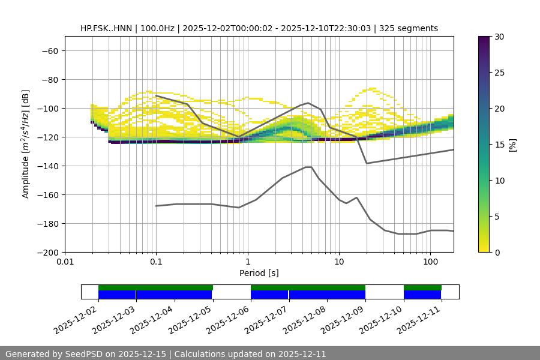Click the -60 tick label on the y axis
point(50,51)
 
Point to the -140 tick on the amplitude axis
point(50,166)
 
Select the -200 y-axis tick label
point(48,253)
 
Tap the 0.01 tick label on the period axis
point(65,262)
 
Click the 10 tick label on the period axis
point(339,262)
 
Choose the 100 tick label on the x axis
point(430,262)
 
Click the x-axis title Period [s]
point(259,273)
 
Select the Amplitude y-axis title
point(26,145)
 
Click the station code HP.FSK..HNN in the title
point(108,28)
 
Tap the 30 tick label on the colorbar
point(499,37)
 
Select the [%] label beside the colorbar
point(512,145)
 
